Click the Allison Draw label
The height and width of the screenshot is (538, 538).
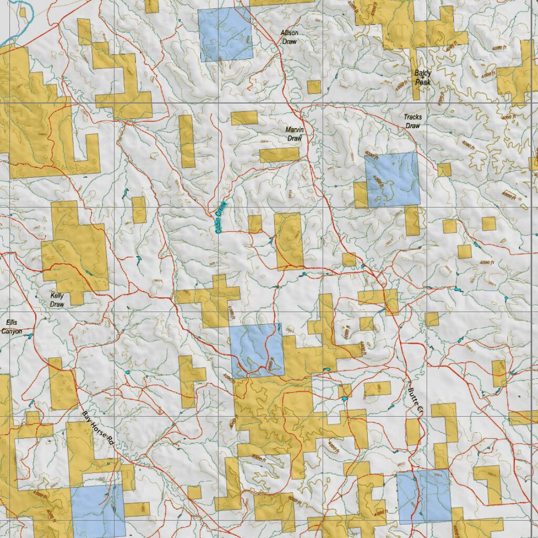point(289,37)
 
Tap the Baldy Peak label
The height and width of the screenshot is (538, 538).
point(422,78)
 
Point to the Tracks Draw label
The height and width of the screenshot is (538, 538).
point(412,121)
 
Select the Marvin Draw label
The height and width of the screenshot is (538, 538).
point(294,134)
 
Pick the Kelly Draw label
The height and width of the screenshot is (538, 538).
point(57,300)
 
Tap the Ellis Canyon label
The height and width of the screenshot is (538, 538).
point(11,327)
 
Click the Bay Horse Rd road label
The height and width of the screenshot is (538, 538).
point(98,428)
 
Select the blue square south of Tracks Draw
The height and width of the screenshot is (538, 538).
point(392,179)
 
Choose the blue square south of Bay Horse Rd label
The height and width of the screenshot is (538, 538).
point(98,510)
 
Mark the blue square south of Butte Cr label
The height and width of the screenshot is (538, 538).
point(424,496)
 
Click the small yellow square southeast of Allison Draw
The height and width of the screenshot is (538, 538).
point(314,87)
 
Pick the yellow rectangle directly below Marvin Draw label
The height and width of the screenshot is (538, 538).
point(279,154)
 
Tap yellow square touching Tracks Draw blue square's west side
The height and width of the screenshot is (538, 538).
point(360,195)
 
